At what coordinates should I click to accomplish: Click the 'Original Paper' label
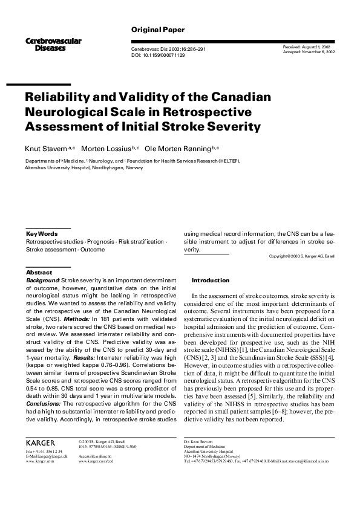click(158, 30)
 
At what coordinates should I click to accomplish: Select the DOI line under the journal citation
click(158, 55)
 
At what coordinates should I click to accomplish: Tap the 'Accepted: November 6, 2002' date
click(309, 52)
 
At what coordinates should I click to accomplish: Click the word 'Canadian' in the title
click(235, 96)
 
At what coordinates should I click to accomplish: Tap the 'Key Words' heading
click(42, 233)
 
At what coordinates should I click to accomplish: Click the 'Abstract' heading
click(39, 273)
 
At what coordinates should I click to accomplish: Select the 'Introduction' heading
click(211, 280)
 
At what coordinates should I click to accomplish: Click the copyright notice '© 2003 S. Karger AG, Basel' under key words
click(301, 256)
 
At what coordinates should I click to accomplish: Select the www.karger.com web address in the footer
click(39, 461)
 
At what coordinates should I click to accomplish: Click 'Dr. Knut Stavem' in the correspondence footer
click(200, 443)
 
